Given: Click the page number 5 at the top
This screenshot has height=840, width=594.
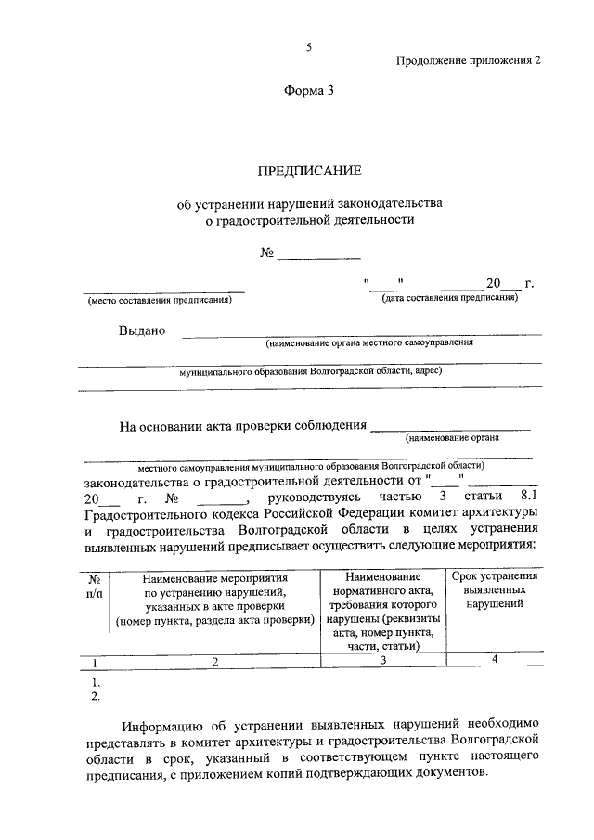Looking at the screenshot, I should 310,47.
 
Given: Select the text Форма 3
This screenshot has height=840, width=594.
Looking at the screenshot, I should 308,90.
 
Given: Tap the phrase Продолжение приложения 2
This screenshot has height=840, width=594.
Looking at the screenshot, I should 468,59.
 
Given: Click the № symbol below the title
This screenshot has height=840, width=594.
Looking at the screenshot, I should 267,252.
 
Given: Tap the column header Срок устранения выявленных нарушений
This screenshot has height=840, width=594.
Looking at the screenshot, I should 494,590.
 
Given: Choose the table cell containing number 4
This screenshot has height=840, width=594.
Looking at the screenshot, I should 494,660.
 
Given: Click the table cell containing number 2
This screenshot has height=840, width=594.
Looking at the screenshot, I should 213,662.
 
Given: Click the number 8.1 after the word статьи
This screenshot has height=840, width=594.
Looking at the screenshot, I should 526,495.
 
